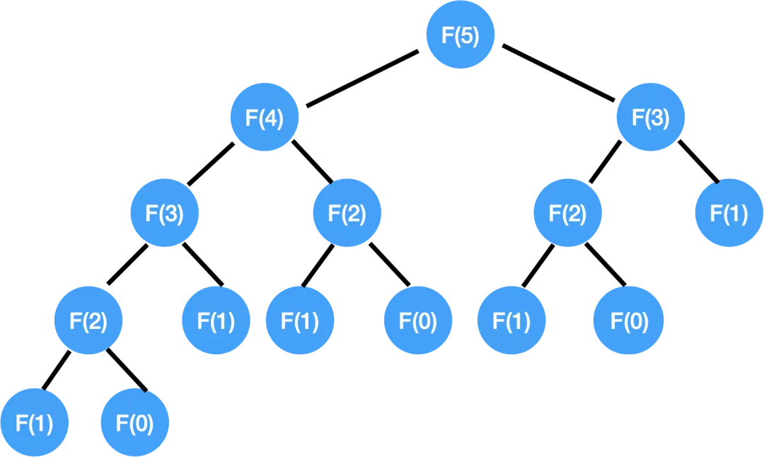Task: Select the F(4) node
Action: (265, 117)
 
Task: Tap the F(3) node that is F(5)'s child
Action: (650, 117)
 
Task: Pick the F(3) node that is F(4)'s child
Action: (165, 213)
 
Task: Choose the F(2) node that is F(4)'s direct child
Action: (347, 213)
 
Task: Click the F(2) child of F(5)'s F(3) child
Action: (568, 213)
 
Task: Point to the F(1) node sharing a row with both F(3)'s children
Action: (729, 213)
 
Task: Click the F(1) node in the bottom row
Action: (35, 424)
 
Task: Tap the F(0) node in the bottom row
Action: (135, 424)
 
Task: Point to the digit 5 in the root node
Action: (467, 36)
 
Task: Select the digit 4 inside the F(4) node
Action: (271, 118)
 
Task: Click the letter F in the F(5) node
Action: (447, 36)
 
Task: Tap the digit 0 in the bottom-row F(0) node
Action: (141, 424)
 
